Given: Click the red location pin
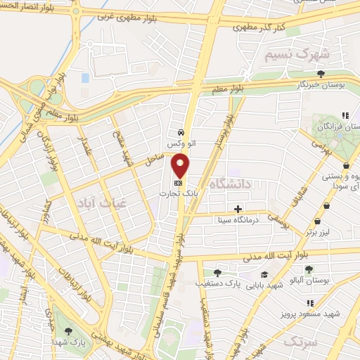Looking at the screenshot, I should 181,165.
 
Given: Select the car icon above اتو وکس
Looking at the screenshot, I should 181,131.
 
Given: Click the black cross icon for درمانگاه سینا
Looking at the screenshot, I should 238,209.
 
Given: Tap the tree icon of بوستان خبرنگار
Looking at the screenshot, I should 321,74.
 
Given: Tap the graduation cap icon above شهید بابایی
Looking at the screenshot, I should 264,275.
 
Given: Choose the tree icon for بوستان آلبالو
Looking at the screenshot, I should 308,269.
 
